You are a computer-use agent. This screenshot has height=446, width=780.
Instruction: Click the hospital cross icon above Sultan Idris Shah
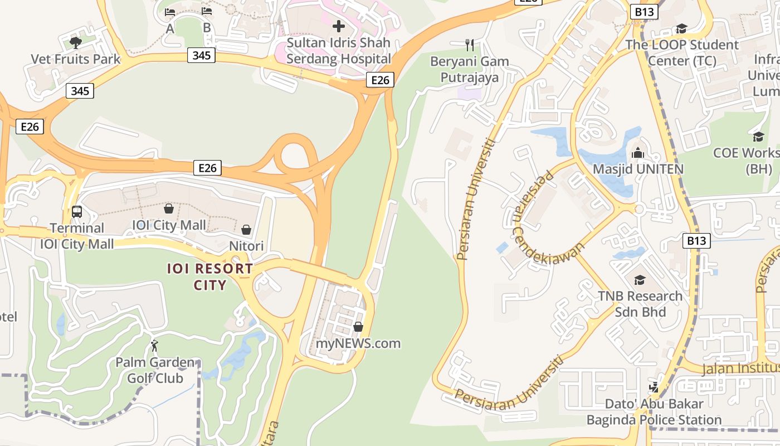338,26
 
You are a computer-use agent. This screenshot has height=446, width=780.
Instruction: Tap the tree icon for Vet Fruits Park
76,42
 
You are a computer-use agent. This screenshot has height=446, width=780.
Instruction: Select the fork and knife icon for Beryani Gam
470,45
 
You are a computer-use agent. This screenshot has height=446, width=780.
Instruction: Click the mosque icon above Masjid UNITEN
638,152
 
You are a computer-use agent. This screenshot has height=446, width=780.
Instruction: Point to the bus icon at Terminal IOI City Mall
77,212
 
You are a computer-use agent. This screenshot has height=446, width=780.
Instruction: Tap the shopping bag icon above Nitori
246,229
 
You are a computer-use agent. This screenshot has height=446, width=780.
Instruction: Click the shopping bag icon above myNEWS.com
358,327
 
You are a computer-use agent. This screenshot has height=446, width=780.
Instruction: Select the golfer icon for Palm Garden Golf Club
154,346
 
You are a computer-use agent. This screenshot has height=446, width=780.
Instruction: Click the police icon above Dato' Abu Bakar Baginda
654,386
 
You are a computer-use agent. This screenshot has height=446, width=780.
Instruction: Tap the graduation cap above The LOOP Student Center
681,28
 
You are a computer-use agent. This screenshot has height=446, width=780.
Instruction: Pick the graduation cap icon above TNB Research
640,280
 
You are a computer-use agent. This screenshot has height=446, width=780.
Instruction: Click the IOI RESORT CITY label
211,277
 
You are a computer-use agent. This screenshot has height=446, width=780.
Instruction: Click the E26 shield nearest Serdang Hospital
381,80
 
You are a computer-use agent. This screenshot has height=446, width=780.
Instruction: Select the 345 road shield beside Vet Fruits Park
80,91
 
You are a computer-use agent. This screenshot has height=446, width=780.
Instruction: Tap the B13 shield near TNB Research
696,241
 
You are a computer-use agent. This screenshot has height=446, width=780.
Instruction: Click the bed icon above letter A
170,12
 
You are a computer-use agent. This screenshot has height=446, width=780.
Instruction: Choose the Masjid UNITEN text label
638,169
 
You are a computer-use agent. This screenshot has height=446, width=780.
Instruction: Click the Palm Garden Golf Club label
155,370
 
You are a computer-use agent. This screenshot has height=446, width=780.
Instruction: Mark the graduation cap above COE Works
758,137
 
